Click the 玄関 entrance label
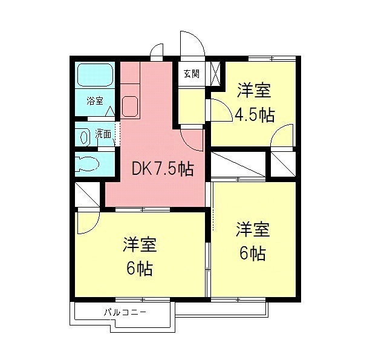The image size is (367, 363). [192, 74]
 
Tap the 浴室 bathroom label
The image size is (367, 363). [95, 101]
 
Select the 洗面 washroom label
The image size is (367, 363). [103, 134]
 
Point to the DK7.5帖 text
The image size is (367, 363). [163, 169]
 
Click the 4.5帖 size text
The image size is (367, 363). [255, 114]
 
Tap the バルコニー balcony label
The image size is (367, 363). [125, 312]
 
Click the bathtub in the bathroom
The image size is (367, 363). [96, 74]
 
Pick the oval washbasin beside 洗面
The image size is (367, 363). [85, 137]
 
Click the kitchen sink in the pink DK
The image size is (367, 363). [130, 106]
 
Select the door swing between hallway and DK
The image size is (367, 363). [192, 140]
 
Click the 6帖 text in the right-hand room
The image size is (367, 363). [253, 253]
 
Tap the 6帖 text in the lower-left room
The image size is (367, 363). [140, 269]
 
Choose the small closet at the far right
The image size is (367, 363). [283, 164]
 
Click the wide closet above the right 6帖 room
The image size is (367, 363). [238, 164]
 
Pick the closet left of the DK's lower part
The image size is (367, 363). [87, 194]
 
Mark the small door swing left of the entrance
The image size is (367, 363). [157, 50]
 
